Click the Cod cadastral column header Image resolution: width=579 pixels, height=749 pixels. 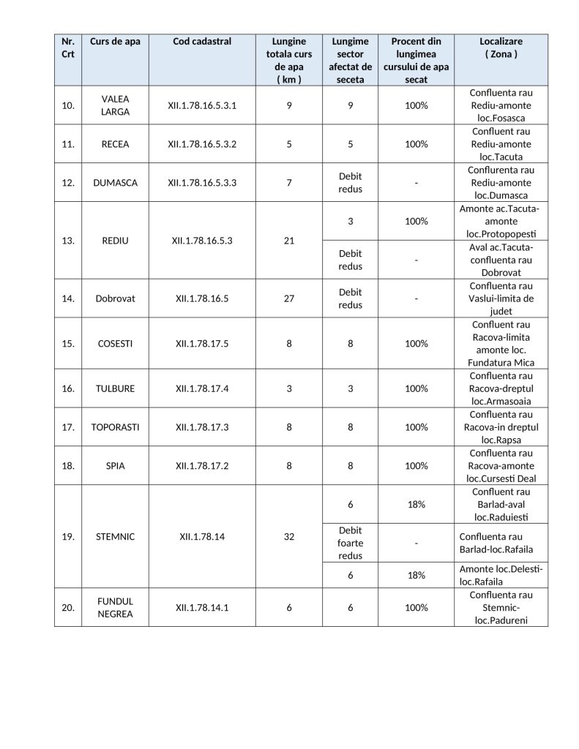[202, 42]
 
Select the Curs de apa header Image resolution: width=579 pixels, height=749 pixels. [115, 42]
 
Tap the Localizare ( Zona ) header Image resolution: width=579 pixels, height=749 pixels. [501, 48]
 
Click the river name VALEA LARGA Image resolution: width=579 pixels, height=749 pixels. [115, 105]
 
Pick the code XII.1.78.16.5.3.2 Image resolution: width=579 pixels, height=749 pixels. [202, 144]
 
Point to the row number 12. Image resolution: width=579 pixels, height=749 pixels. [68, 183]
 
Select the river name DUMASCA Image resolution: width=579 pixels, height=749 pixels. [115, 183]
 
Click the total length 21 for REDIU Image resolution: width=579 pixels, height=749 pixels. [289, 241]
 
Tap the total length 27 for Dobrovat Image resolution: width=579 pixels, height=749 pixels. [289, 298]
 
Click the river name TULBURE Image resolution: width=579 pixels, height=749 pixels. [115, 389]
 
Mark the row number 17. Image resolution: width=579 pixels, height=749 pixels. [68, 427]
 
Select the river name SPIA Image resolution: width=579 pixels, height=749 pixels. [115, 466]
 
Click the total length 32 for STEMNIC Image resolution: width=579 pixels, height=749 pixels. [289, 537]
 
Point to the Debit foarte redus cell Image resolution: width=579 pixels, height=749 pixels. [350, 543]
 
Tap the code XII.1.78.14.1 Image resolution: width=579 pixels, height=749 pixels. [202, 608]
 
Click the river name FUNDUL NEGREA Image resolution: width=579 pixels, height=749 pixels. [115, 608]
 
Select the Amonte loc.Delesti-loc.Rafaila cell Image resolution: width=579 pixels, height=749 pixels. [501, 576]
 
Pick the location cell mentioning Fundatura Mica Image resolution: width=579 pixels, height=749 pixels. [501, 344]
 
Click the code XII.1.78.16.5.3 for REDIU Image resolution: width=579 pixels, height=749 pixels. [202, 241]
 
